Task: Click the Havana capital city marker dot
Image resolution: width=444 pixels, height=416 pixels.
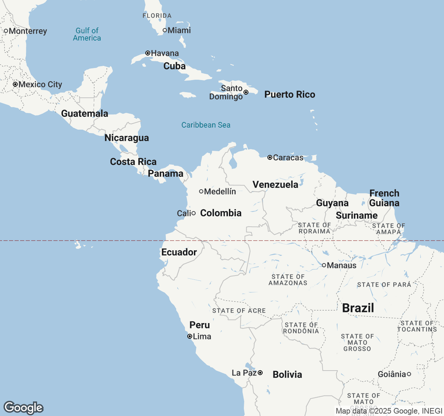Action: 148,53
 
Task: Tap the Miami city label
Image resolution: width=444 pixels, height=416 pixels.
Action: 179,31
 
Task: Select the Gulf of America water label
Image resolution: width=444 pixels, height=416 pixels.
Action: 87,34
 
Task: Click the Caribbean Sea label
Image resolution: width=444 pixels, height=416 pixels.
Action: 206,125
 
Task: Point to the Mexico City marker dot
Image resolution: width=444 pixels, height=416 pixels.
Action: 15,84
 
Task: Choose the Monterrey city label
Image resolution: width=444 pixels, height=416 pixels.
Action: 28,31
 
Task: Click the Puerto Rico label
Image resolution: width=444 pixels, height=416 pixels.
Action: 290,95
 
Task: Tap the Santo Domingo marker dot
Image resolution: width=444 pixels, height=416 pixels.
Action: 246,92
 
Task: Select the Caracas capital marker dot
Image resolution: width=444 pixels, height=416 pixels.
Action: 270,157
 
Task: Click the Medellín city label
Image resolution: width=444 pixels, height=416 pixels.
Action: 220,191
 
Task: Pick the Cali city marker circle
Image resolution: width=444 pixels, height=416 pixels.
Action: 194,213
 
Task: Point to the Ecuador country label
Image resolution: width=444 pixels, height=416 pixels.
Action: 179,252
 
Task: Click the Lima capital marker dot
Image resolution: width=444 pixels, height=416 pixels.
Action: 190,336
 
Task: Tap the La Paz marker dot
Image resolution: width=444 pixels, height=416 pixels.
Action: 260,373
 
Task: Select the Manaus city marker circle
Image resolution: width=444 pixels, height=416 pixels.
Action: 324,265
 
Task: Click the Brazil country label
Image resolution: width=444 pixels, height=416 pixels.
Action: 358,308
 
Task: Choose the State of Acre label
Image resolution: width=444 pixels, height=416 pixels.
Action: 239,311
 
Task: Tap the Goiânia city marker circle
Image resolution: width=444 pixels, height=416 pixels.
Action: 409,374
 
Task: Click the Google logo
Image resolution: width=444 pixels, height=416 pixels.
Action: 23,408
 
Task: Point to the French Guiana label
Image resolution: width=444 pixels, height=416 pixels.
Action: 384,198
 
